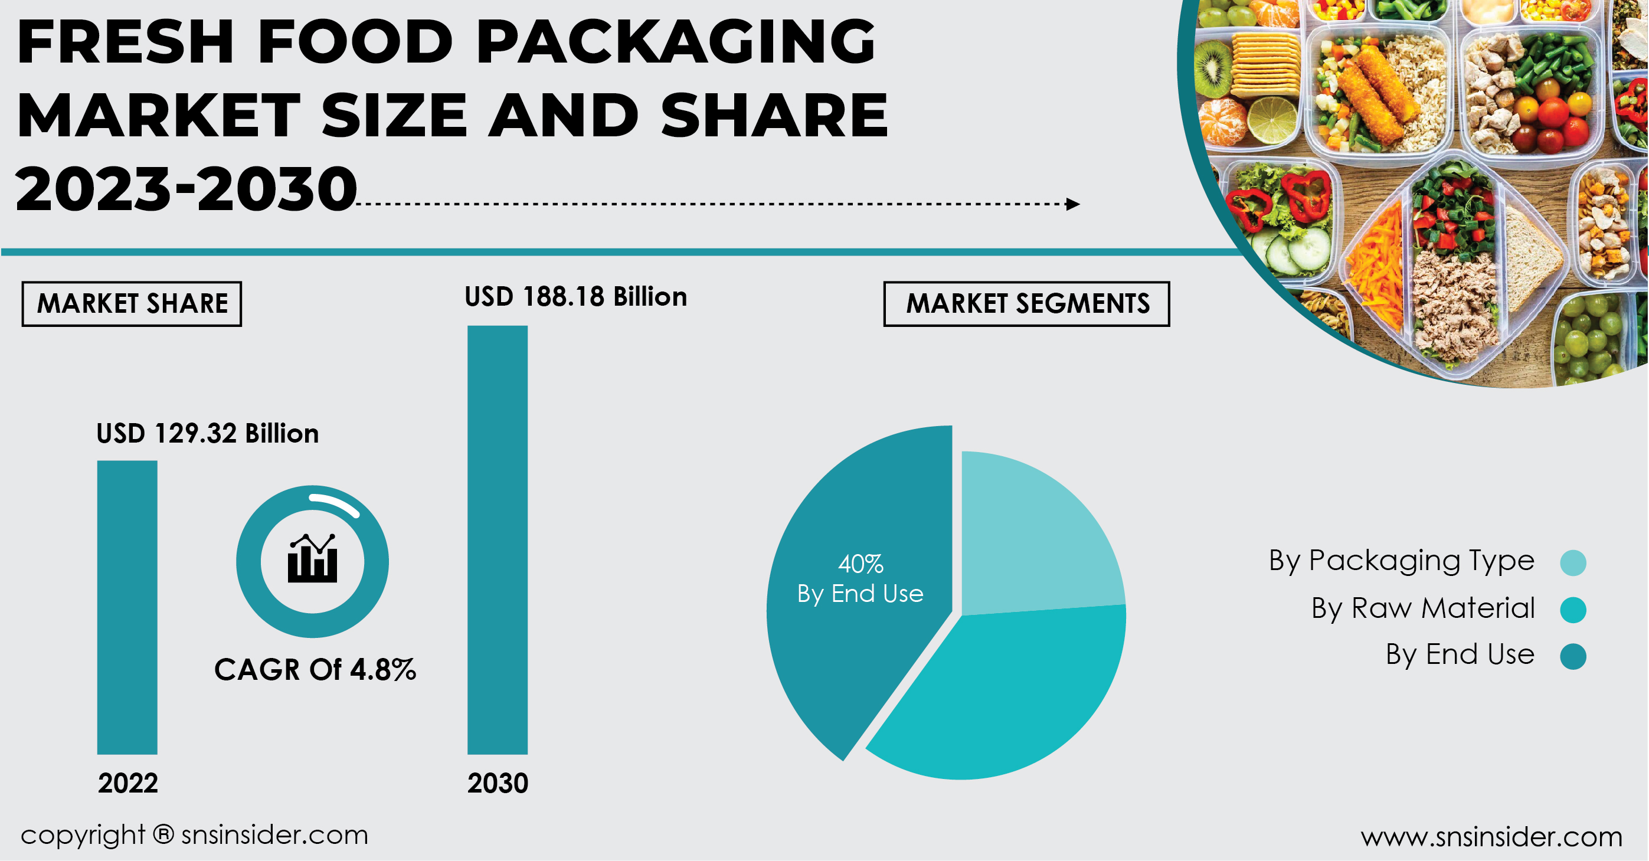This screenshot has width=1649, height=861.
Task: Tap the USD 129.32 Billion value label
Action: coord(207,434)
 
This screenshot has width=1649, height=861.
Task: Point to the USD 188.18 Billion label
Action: coord(575,297)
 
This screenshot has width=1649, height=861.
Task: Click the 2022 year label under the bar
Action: coord(128,783)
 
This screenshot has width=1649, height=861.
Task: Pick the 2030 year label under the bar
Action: coord(498,783)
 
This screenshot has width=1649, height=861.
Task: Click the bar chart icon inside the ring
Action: coord(312,559)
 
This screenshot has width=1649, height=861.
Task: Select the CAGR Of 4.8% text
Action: coord(315,670)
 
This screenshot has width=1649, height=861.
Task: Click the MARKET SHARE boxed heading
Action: coord(132,303)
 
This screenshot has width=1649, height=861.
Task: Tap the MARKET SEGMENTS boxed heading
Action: coord(1027,303)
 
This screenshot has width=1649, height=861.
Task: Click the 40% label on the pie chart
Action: coord(861,564)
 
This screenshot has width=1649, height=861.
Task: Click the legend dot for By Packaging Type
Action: coord(1573,563)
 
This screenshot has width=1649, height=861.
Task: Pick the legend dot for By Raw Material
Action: coord(1573,610)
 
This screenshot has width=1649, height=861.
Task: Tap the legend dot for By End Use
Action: coord(1573,656)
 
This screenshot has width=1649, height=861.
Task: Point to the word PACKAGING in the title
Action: coord(675,42)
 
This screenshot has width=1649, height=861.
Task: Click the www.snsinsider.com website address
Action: coord(1491,837)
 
